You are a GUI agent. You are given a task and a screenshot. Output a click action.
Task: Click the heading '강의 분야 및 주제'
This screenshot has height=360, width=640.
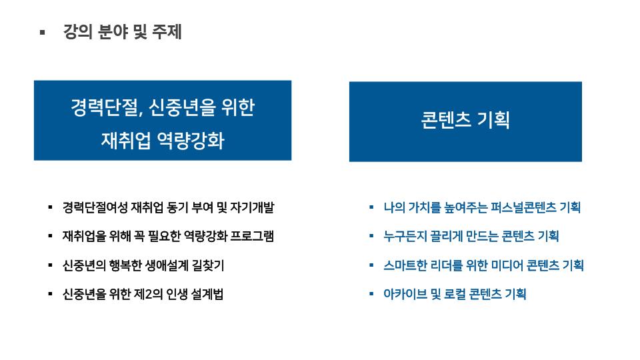tap(122, 32)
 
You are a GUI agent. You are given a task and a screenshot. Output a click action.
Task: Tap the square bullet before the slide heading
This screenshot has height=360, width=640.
tap(42, 32)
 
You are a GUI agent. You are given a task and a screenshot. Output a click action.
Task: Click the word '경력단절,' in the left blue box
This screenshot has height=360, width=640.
tap(107, 108)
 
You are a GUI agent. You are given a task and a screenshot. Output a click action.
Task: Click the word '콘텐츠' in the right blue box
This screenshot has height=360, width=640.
tap(446, 120)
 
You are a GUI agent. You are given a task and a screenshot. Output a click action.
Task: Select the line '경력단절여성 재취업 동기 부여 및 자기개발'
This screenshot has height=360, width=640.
tap(168, 207)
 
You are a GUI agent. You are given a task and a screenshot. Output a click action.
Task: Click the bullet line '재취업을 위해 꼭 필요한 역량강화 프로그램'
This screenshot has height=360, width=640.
tap(168, 236)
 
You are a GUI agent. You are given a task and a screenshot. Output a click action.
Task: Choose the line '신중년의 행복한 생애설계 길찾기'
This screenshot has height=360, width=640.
tap(143, 265)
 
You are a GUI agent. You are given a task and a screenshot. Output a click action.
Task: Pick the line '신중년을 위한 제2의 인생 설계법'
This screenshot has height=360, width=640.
tap(143, 294)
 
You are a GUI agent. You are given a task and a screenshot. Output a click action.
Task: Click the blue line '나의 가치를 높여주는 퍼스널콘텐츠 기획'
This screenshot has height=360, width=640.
tap(482, 207)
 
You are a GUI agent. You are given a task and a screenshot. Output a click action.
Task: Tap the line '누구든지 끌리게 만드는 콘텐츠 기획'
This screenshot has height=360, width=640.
tap(471, 236)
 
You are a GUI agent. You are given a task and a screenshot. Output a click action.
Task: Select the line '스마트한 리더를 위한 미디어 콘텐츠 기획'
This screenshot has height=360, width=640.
tap(484, 265)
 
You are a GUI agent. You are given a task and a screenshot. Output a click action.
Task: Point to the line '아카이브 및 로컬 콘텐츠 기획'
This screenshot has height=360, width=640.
tap(455, 294)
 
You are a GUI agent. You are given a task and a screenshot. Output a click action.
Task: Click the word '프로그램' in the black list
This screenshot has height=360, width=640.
tap(252, 236)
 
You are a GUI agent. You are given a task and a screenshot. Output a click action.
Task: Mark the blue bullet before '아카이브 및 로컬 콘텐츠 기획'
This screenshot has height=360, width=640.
tap(371, 293)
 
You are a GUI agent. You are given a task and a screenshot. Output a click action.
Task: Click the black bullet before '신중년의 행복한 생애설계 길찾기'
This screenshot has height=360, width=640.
tap(50, 265)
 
